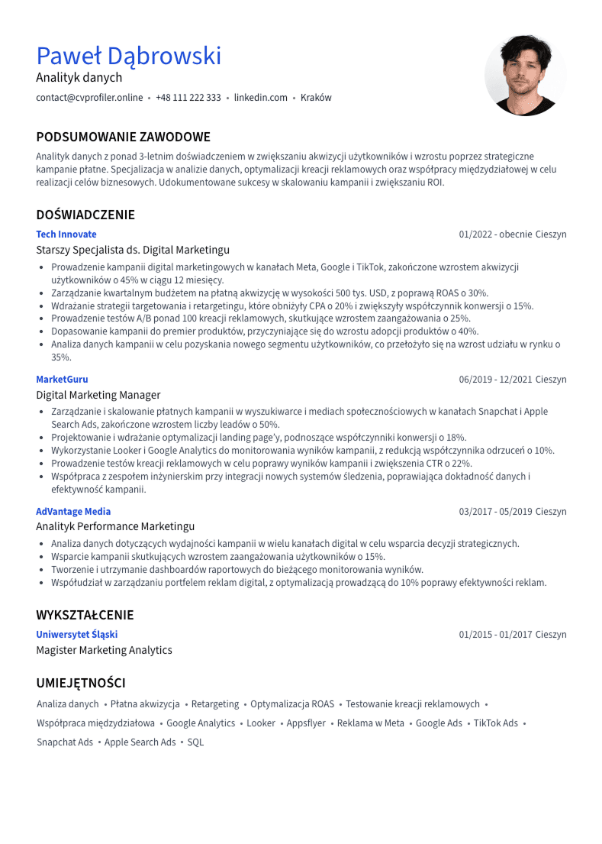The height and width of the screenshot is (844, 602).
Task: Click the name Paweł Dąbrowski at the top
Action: pyautogui.click(x=129, y=56)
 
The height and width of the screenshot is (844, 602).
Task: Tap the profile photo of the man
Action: pyautogui.click(x=525, y=75)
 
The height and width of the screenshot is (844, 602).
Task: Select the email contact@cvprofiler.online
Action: pyautogui.click(x=89, y=98)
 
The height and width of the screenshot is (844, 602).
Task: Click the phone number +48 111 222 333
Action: pyautogui.click(x=188, y=98)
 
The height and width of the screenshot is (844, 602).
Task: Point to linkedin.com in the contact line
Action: pyautogui.click(x=261, y=98)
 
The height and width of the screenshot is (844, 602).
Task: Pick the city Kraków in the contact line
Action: pyautogui.click(x=316, y=98)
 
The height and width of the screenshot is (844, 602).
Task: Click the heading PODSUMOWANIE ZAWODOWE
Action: pyautogui.click(x=123, y=137)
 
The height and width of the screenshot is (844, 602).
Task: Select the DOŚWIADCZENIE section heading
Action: pyautogui.click(x=85, y=215)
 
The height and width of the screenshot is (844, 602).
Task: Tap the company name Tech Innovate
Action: pyautogui.click(x=66, y=234)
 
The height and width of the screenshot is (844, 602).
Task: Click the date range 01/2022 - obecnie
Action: pyautogui.click(x=495, y=234)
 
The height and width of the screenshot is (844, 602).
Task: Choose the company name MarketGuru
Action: pyautogui.click(x=62, y=380)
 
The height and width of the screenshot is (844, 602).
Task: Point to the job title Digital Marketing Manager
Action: pyautogui.click(x=98, y=395)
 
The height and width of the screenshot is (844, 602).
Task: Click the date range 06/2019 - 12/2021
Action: pyautogui.click(x=495, y=380)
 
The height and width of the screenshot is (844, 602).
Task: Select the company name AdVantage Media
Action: pyautogui.click(x=73, y=512)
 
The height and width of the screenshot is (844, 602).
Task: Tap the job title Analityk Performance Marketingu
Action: pyautogui.click(x=115, y=526)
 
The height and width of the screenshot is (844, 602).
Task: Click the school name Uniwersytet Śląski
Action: pyautogui.click(x=77, y=635)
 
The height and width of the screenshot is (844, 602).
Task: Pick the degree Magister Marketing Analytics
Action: pyautogui.click(x=104, y=650)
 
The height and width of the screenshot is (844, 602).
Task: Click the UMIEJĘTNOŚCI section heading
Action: pyautogui.click(x=81, y=683)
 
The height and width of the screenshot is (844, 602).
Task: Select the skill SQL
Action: pyautogui.click(x=195, y=742)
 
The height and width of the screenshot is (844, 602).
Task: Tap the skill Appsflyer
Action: pyautogui.click(x=306, y=723)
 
